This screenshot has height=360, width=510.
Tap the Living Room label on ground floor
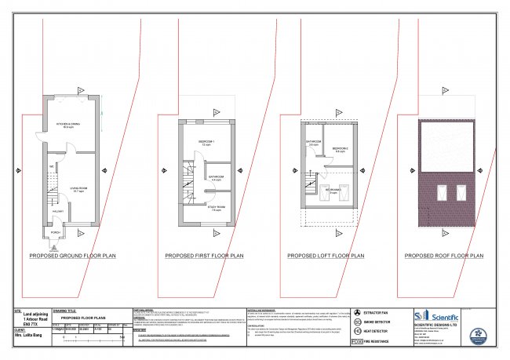79,189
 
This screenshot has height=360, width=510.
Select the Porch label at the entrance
56,232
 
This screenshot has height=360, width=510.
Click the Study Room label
215,209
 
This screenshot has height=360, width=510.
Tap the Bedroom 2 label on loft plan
340,149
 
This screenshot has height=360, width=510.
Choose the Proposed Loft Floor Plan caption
325,256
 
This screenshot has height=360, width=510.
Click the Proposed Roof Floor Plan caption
442,256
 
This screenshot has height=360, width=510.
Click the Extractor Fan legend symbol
358,313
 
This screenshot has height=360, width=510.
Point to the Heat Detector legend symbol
358,332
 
